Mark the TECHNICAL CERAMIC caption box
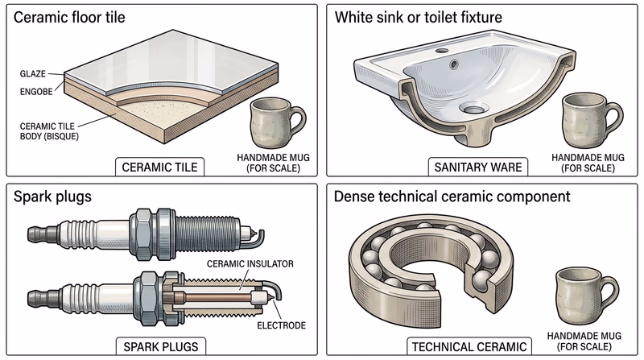[460, 346]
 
